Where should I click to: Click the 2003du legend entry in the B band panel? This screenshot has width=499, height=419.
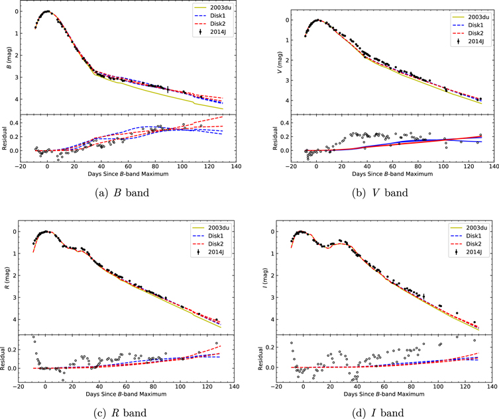tap(213, 7)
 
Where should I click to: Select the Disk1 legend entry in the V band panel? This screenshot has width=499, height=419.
tap(471, 25)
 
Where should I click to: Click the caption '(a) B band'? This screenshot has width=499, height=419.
tap(122, 193)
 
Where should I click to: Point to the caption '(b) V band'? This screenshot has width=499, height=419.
tap(380, 193)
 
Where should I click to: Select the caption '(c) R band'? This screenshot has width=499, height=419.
tap(120, 412)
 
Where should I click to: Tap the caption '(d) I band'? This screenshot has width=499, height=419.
tap(378, 412)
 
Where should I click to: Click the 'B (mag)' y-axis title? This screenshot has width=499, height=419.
tap(9, 58)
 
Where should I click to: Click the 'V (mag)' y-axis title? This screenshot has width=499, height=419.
tap(280, 62)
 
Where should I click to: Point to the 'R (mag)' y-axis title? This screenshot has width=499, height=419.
tap(7, 278)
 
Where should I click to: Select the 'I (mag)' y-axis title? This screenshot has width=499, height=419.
tap(265, 278)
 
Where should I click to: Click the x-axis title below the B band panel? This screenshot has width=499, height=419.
tap(128, 174)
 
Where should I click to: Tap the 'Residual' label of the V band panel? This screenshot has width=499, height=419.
tap(275, 138)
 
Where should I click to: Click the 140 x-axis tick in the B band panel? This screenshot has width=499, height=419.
tap(236, 166)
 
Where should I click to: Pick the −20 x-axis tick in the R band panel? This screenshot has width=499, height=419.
tap(18, 387)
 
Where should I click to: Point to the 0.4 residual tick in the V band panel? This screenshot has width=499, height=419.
tap(285, 123)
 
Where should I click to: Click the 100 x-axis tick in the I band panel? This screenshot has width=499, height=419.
tap(438, 387)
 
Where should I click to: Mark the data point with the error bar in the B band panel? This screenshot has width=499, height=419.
tap(168, 89)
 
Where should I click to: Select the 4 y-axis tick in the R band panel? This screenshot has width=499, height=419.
tap(14, 320)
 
